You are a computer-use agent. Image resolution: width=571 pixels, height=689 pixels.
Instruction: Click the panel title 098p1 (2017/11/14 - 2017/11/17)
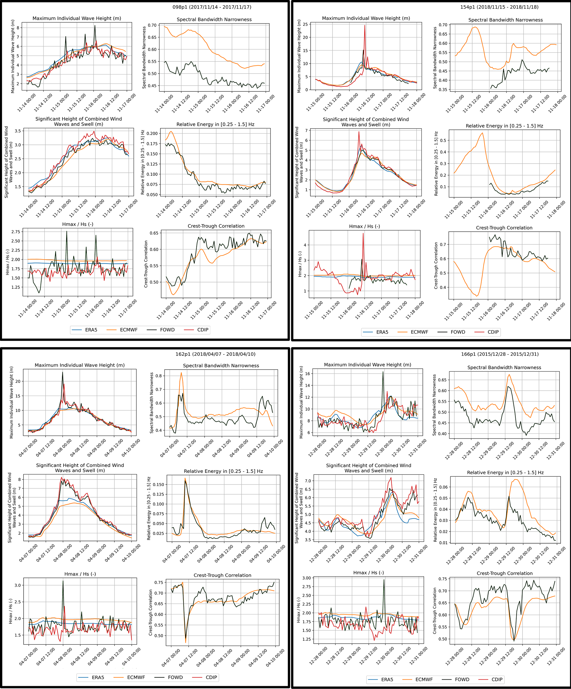[212, 7]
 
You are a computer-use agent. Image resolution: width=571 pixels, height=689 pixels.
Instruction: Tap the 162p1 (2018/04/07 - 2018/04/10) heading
[215, 354]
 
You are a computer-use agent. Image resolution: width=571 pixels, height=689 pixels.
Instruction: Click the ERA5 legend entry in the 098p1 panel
[91, 330]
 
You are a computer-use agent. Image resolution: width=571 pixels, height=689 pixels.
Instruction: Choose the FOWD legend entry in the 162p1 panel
[175, 677]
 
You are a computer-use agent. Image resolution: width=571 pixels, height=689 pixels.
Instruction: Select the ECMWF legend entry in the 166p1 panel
[424, 680]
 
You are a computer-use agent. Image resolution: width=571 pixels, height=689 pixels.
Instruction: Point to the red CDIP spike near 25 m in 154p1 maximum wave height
[364, 26]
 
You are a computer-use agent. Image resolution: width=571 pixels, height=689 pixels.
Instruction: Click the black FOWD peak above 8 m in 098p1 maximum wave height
[95, 26]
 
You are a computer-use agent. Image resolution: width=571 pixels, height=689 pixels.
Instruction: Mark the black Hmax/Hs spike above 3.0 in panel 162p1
[63, 581]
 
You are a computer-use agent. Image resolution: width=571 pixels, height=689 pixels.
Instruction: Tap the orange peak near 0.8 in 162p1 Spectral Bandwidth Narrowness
[181, 373]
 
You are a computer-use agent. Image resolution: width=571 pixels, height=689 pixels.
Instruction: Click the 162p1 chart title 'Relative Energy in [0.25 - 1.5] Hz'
[223, 471]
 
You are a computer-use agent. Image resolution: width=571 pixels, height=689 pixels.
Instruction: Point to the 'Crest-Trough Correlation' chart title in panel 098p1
[216, 226]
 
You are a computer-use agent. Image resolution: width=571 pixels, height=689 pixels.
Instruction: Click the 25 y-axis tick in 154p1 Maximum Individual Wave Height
[305, 24]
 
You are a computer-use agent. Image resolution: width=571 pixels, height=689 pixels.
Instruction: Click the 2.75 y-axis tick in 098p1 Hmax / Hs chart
[15, 232]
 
